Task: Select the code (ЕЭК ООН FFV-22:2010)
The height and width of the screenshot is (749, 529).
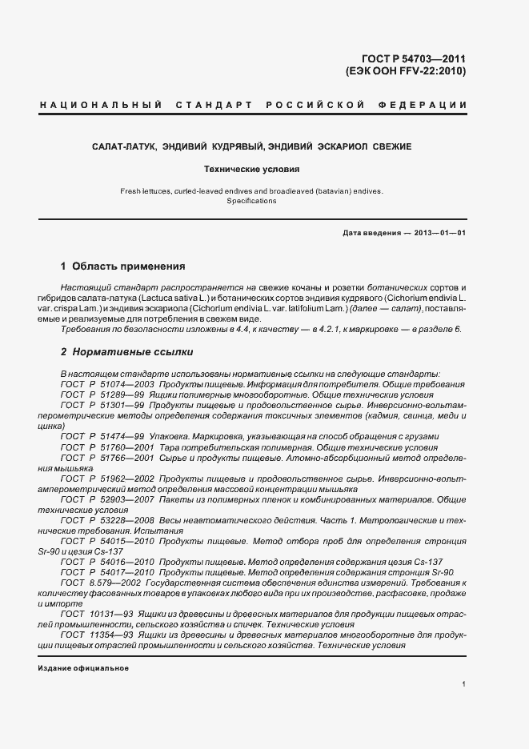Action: click(405, 71)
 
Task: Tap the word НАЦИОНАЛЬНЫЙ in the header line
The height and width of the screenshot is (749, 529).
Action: click(101, 105)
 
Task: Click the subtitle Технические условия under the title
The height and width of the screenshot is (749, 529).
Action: click(251, 170)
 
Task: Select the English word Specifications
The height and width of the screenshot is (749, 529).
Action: click(251, 201)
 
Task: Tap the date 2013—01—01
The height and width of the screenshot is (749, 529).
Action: click(439, 233)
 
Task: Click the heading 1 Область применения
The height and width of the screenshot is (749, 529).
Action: click(123, 266)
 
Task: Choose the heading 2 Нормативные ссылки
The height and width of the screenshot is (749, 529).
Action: click(126, 351)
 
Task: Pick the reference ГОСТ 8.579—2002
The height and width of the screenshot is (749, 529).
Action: click(101, 583)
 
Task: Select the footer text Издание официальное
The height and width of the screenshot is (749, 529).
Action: click(83, 668)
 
